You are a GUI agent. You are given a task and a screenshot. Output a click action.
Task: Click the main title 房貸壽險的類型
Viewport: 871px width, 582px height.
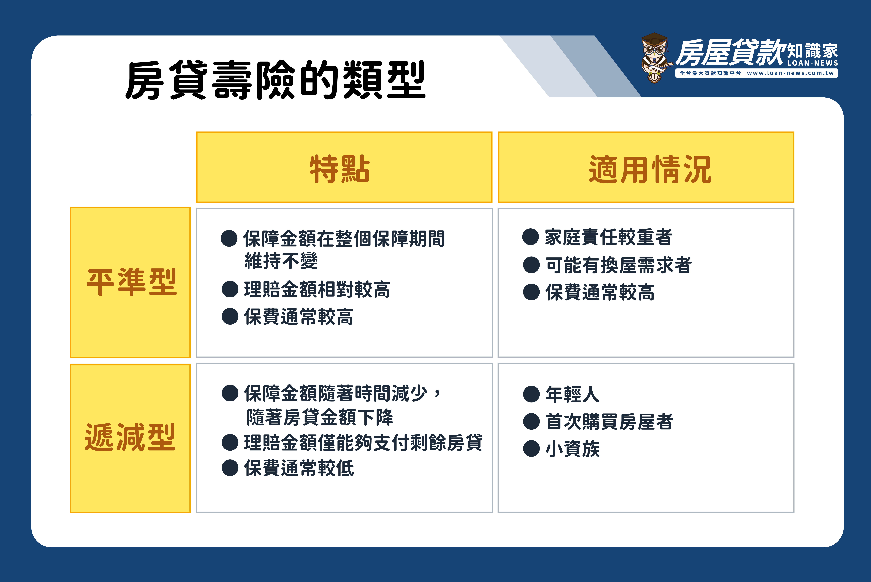[275, 80]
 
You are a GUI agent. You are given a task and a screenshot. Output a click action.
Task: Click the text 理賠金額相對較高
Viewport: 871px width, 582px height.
[317, 289]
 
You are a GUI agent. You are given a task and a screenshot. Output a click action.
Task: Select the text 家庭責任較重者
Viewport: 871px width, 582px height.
[608, 237]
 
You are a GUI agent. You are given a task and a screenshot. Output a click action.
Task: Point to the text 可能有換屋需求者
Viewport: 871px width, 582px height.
[618, 265]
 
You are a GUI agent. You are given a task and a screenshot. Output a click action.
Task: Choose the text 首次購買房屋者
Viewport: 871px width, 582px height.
[609, 422]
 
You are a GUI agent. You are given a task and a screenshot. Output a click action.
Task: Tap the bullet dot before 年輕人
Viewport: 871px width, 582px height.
[531, 394]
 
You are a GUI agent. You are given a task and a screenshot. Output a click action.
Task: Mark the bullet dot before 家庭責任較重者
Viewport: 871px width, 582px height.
[530, 237]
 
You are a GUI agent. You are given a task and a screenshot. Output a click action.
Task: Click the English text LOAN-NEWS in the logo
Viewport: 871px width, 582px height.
[812, 63]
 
